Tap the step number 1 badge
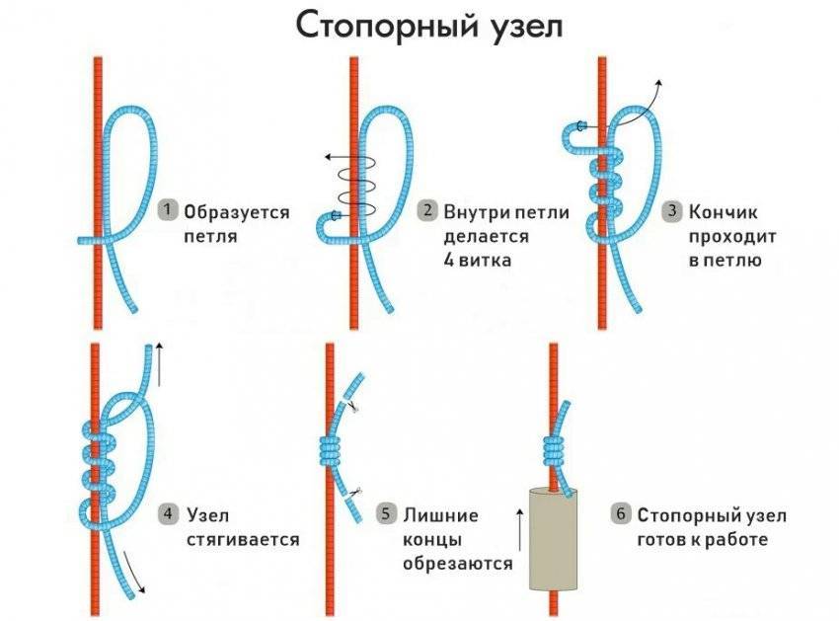coord(168,209)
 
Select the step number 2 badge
coord(427,210)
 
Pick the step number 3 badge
coord(672,210)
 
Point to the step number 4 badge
coord(168,514)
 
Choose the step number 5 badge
coord(385,514)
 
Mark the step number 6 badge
coord(620,514)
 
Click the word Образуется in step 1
coord(237,213)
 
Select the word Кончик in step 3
coord(723,212)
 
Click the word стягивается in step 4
coord(243,539)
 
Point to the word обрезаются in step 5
coord(457,563)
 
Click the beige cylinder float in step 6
coord(555,538)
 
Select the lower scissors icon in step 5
coord(355,492)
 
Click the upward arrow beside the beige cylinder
coord(519,530)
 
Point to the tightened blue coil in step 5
coord(330,451)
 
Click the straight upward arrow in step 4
coord(158,365)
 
